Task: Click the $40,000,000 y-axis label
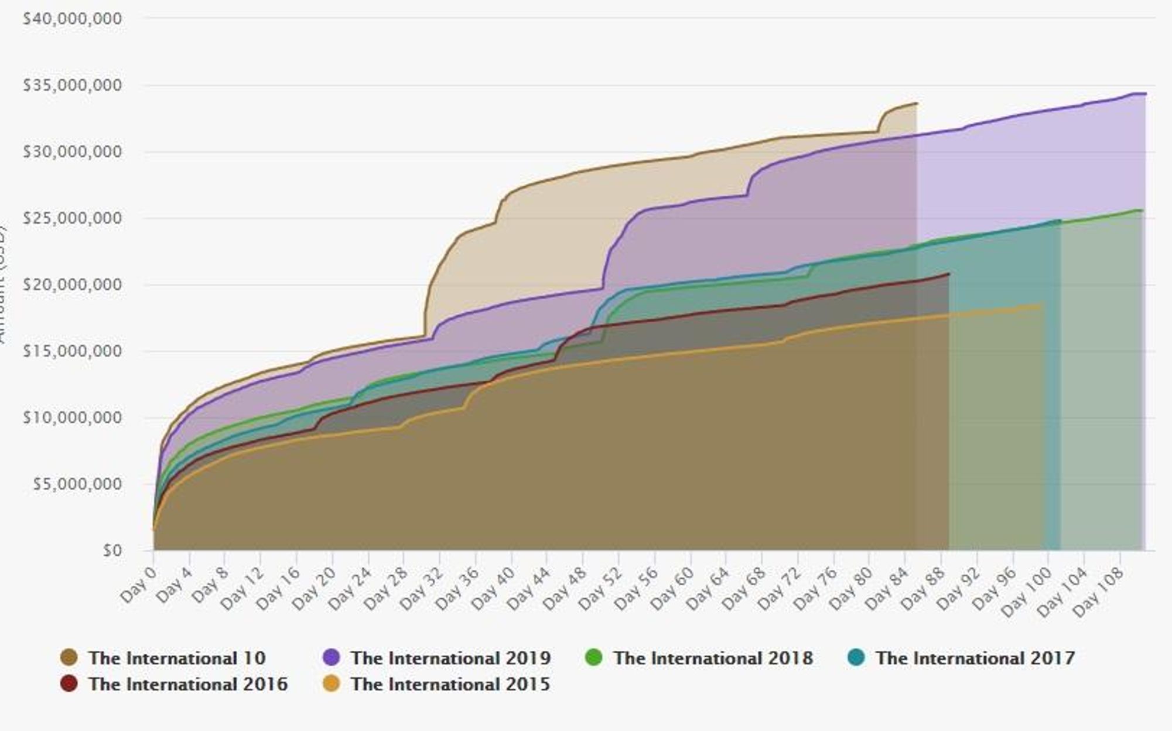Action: (x=72, y=19)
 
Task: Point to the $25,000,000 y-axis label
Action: (x=72, y=218)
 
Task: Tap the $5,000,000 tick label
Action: (x=77, y=484)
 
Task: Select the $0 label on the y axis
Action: (x=112, y=551)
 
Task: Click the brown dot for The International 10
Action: (x=69, y=658)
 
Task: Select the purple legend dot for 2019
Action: (x=332, y=658)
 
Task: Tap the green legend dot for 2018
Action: (x=594, y=658)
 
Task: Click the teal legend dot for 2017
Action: (x=856, y=658)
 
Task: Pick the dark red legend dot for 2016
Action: (x=69, y=684)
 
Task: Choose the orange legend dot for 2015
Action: (x=332, y=684)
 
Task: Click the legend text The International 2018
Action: (x=713, y=658)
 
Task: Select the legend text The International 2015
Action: (x=450, y=684)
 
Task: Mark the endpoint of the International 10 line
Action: (x=917, y=104)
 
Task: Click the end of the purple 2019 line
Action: (x=1146, y=94)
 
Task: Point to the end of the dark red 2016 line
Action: (x=949, y=274)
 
